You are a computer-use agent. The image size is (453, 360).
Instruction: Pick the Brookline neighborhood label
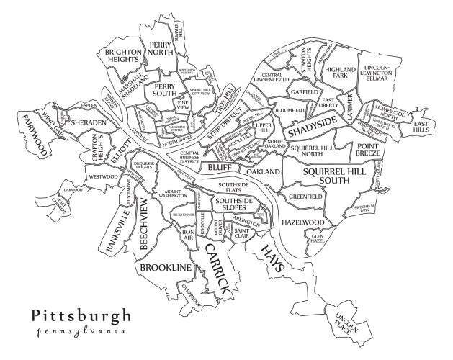tap(166, 268)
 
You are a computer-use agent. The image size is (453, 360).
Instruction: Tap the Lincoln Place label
tap(342, 321)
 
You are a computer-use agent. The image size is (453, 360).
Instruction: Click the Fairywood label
tap(33, 135)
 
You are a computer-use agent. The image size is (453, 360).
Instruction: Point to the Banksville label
tap(119, 230)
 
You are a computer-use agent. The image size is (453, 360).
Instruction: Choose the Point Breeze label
tap(369, 150)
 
